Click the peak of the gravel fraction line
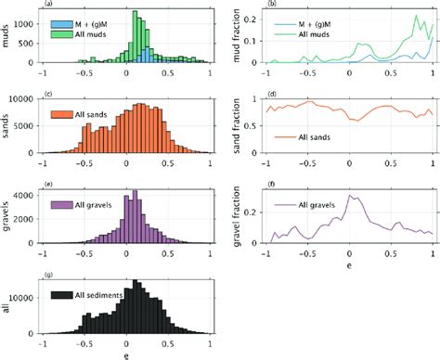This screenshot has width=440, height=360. [349, 196]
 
